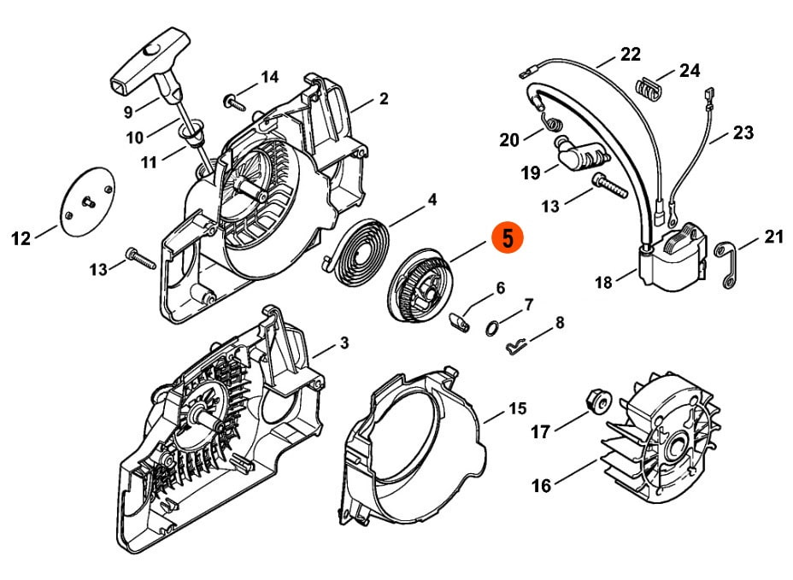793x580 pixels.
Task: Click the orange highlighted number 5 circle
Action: [508, 237]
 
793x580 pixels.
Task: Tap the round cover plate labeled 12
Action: [87, 200]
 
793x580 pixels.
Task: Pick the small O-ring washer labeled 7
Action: [491, 329]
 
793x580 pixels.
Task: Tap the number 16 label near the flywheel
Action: [541, 485]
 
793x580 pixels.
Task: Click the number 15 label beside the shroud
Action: [516, 408]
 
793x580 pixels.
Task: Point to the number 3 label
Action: [344, 343]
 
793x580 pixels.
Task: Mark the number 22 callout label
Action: [631, 54]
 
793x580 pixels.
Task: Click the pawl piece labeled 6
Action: [460, 321]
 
